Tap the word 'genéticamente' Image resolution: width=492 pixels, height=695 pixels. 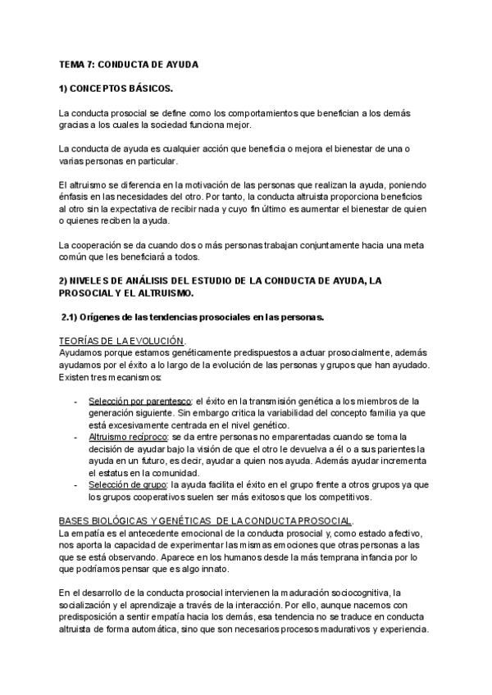click(178, 352)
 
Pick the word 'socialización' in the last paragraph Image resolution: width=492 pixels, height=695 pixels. click(86, 606)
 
